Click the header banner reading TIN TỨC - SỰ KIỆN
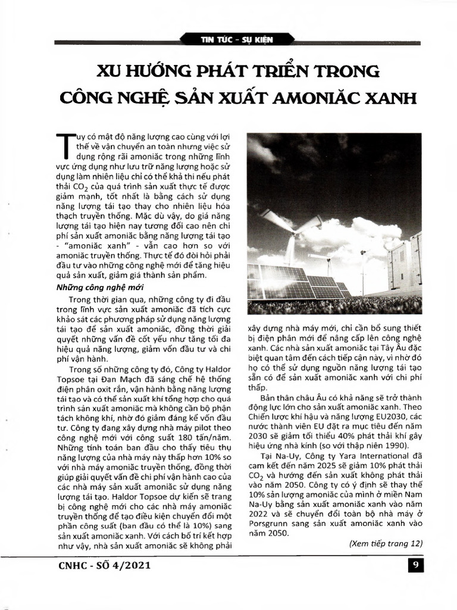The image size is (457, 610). click(x=228, y=40)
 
